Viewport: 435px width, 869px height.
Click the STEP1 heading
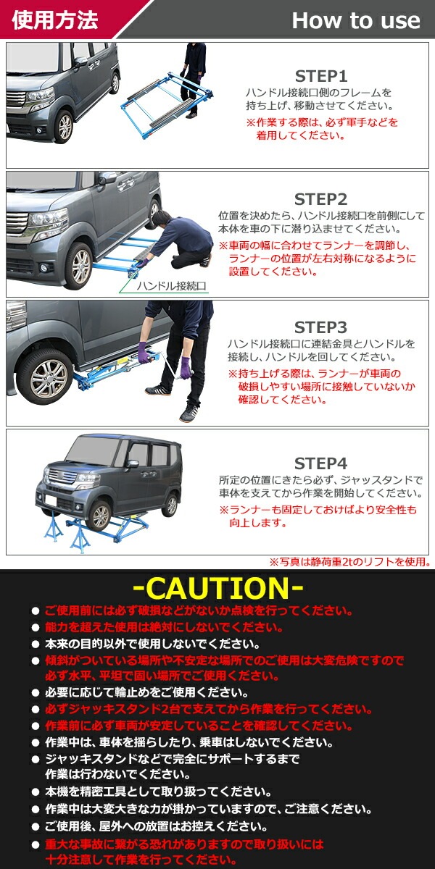coord(321,76)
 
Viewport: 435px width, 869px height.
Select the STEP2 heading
coord(321,199)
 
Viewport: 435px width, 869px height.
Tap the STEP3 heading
coord(321,327)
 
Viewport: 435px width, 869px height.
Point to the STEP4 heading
coord(321,463)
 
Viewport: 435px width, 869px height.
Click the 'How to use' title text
coord(355,20)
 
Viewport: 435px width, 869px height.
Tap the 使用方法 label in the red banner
coord(54,20)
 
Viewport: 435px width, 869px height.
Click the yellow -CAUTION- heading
coord(218,587)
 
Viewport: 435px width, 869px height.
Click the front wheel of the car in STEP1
coord(65,127)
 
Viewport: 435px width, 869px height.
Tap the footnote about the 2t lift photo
coord(349,561)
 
